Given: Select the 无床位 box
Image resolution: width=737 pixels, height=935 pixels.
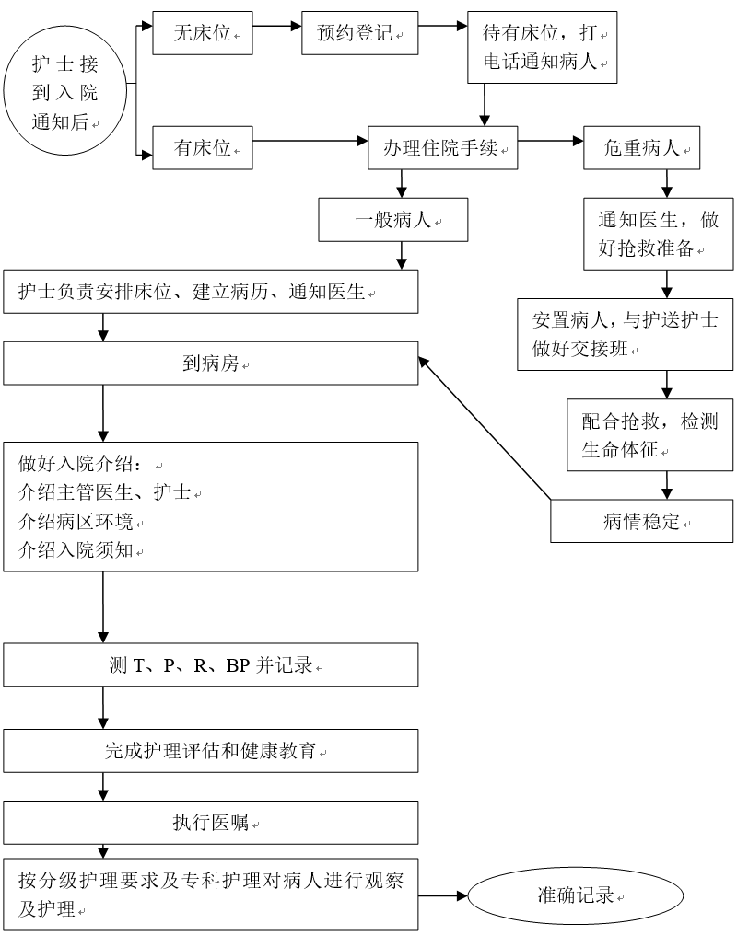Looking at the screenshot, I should [x=203, y=34].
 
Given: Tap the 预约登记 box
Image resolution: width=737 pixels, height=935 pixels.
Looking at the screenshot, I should [x=359, y=34].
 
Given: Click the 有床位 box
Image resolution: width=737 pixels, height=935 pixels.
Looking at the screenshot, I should [x=203, y=147].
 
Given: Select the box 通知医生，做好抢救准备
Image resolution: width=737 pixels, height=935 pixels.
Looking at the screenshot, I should [x=658, y=235].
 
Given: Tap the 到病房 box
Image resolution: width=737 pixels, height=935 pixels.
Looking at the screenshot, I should [x=211, y=364].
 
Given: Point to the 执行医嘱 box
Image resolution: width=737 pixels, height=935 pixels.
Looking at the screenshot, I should [x=211, y=823].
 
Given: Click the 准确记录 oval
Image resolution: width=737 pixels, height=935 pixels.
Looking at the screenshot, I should [x=577, y=895].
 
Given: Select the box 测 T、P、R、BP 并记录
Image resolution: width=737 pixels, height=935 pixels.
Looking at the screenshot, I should [x=211, y=665].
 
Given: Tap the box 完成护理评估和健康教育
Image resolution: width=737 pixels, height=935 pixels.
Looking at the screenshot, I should [x=211, y=751].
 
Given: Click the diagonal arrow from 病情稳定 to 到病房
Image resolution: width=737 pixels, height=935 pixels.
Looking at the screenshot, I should [x=485, y=429].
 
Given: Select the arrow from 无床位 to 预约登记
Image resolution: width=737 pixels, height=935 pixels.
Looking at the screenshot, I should [x=277, y=26].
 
